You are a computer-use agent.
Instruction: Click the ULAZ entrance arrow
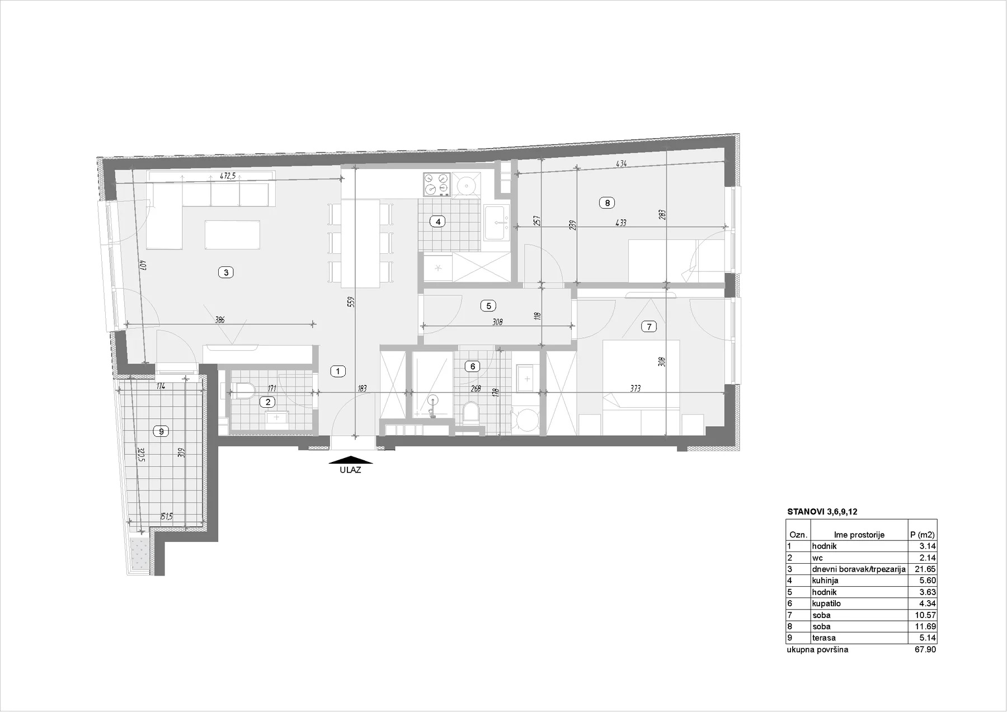[x=352, y=461]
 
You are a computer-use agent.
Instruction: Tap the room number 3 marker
[x=225, y=272]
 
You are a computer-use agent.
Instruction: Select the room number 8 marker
[x=607, y=203]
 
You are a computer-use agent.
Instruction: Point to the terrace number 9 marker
[x=161, y=431]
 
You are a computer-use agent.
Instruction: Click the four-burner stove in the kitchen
[x=436, y=184]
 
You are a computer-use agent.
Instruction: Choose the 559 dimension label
[x=351, y=302]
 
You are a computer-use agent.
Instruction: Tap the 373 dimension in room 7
[x=635, y=388]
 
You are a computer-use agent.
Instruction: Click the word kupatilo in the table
[x=826, y=603]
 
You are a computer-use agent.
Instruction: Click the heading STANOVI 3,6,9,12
[x=822, y=511]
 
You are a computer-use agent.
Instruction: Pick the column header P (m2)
[x=923, y=535]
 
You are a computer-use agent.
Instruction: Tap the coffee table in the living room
[x=232, y=234]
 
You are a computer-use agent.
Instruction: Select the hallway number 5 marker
[x=488, y=306]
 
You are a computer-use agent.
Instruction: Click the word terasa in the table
[x=824, y=638]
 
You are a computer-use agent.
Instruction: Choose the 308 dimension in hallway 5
[x=498, y=322]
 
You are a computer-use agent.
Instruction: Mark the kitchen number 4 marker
[x=438, y=221]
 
